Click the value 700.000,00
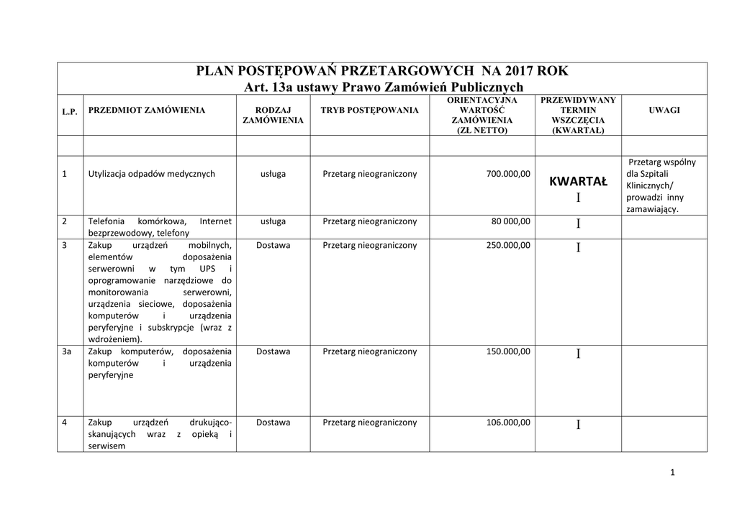(504, 173)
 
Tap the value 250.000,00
(504, 245)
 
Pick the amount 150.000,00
(504, 351)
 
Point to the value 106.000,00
(504, 423)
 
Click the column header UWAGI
(664, 110)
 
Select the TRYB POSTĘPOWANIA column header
(369, 110)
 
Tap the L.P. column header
(70, 111)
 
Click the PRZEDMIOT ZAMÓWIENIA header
(146, 110)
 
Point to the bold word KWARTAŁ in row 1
(578, 182)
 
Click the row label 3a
(67, 351)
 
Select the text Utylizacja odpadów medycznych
(151, 173)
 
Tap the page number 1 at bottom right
(672, 472)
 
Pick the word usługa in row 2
(273, 221)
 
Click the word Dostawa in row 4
(273, 423)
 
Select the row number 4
(65, 423)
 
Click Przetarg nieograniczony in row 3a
(369, 351)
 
